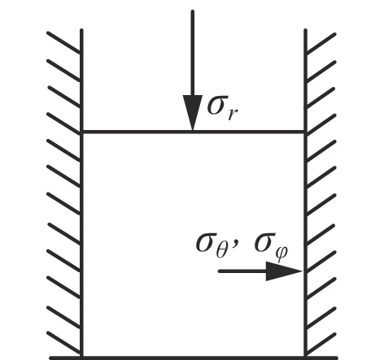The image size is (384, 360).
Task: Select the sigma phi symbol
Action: pyautogui.click(x=271, y=247)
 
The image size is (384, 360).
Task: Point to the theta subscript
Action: pyautogui.click(x=222, y=251)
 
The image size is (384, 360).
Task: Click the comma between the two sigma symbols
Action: pyautogui.click(x=235, y=244)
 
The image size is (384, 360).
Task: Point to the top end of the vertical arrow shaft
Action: pyautogui.click(x=193, y=11)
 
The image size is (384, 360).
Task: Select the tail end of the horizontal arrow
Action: pyautogui.click(x=220, y=271)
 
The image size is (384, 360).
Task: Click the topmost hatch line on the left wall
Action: pyautogui.click(x=64, y=41)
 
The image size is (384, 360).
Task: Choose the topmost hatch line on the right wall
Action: pyautogui.click(x=321, y=43)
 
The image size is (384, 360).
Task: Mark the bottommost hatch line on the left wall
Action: pyautogui.click(x=64, y=343)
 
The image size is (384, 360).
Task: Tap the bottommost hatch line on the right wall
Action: pyautogui.click(x=321, y=344)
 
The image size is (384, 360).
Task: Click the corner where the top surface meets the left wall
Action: pyautogui.click(x=82, y=132)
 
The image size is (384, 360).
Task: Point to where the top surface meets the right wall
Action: pyautogui.click(x=305, y=132)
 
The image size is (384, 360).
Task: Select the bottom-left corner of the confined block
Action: pyautogui.click(x=82, y=357)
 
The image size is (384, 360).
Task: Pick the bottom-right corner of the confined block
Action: pyautogui.click(x=305, y=357)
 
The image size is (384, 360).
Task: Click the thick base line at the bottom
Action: pyautogui.click(x=194, y=358)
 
